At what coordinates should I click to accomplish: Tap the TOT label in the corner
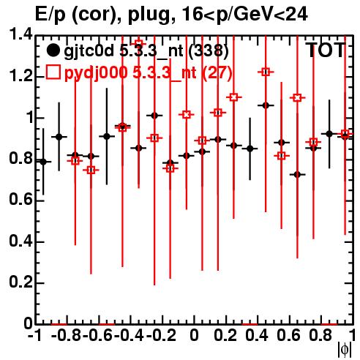(x=326, y=50)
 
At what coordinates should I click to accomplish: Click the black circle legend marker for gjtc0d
(x=53, y=50)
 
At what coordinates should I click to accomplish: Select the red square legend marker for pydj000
(x=53, y=72)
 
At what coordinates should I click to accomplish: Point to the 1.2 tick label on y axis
(x=20, y=76)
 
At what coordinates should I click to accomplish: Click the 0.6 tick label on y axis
(x=20, y=200)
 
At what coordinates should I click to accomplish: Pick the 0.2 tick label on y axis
(x=20, y=282)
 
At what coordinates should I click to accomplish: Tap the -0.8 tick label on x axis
(x=67, y=335)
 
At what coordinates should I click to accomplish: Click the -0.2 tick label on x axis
(x=161, y=335)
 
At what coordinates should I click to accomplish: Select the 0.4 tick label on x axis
(x=257, y=335)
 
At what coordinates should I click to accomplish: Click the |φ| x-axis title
(x=345, y=350)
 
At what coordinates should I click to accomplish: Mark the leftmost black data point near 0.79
(x=43, y=162)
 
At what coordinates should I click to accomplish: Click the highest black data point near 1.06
(x=266, y=105)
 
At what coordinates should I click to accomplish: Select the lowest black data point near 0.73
(x=297, y=175)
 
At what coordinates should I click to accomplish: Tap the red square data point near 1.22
(x=266, y=72)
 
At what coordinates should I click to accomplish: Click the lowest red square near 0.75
(x=91, y=170)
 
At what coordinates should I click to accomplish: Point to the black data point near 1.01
(x=154, y=116)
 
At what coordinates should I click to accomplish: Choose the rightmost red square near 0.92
(x=345, y=134)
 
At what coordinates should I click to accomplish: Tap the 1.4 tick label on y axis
(x=20, y=34)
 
